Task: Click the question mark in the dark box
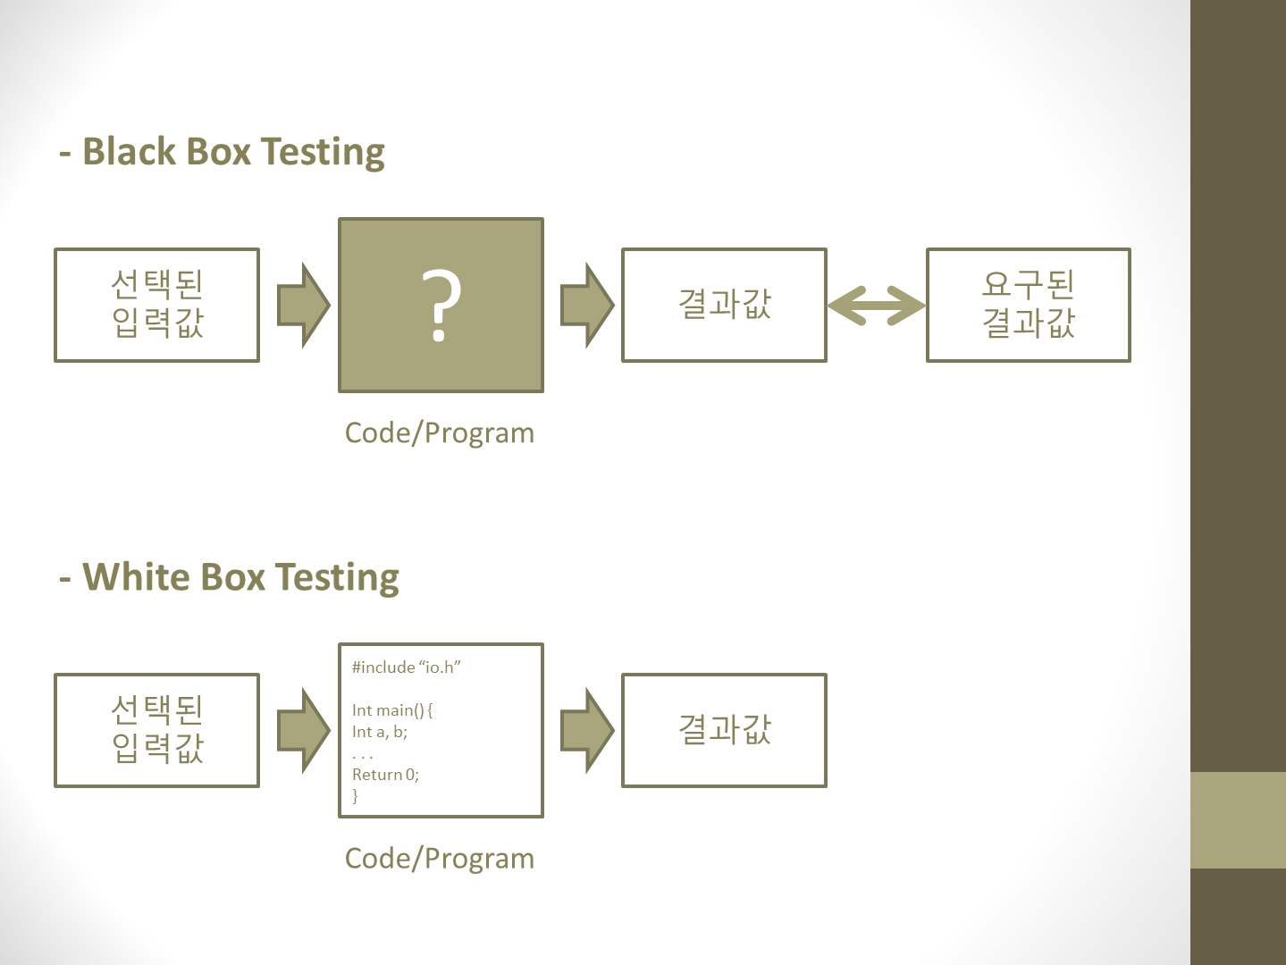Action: tap(441, 306)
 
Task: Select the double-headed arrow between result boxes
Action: tap(876, 306)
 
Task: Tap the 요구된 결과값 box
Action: tap(1029, 305)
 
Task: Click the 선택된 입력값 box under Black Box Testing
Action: tap(157, 305)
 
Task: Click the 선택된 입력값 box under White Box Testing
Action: tap(157, 730)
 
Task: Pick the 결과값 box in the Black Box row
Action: tap(724, 305)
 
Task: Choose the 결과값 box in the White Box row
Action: tap(724, 730)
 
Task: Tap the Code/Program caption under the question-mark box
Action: tap(440, 432)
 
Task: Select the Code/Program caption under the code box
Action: tap(440, 858)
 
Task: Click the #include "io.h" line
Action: tap(406, 667)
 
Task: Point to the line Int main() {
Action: tap(392, 710)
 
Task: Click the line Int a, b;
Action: tap(380, 732)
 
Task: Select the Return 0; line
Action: tap(385, 775)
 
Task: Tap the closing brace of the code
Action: tap(356, 795)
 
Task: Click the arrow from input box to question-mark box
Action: tap(303, 306)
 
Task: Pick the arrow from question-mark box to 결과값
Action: tap(586, 306)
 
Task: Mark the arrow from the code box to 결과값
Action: tap(586, 731)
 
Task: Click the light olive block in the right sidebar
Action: tap(1238, 820)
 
